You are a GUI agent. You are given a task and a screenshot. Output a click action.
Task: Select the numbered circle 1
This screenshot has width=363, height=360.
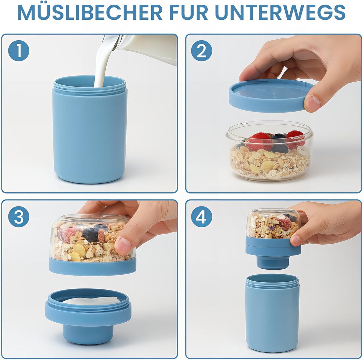click(x=19, y=50)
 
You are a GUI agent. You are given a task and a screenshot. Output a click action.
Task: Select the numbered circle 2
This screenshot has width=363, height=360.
click(x=202, y=50)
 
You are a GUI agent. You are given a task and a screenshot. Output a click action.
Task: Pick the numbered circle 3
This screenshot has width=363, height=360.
click(x=19, y=217)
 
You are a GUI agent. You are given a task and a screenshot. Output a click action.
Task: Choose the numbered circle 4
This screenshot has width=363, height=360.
click(x=202, y=217)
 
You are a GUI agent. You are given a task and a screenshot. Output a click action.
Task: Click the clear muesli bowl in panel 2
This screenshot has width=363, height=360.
click(x=270, y=151)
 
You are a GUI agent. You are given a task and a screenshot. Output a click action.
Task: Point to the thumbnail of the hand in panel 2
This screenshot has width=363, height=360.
click(x=313, y=103)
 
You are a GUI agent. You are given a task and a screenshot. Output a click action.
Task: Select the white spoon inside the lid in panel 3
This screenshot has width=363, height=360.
click(x=91, y=301)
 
